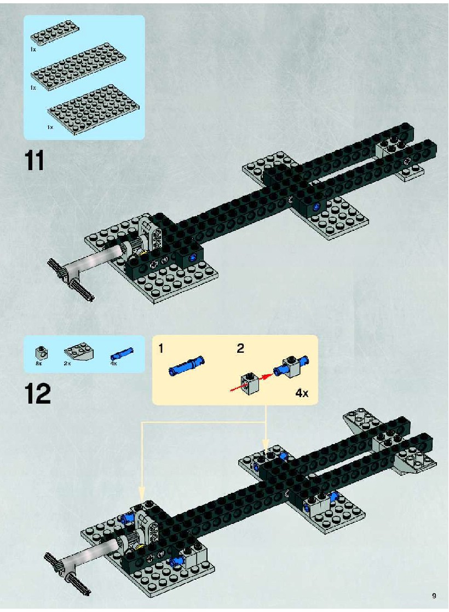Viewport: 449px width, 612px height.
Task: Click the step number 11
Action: pos(34,160)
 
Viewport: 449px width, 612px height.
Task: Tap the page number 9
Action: pos(434,596)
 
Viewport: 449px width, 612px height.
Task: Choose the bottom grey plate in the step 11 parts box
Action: pos(94,106)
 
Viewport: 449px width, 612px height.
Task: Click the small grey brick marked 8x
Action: pos(42,353)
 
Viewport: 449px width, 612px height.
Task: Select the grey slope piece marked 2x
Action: pos(78,353)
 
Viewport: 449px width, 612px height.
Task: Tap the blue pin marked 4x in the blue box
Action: pos(122,354)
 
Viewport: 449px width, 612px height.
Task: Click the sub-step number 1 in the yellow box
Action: pos(160,348)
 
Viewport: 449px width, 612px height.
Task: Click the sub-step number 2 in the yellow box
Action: pos(240,348)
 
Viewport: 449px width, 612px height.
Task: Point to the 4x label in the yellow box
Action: pos(302,393)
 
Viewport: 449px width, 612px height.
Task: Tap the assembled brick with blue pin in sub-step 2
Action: pos(292,367)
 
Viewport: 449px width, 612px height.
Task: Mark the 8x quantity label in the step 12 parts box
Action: pos(38,363)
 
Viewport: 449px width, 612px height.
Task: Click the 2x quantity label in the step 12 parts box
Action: pos(67,363)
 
